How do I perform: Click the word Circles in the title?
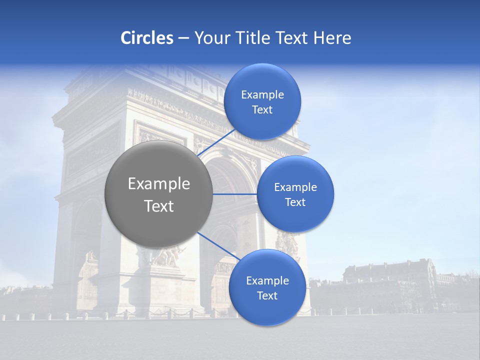[146, 38]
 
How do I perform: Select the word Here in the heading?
[332, 38]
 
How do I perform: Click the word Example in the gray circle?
[159, 184]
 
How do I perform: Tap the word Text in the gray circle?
[159, 206]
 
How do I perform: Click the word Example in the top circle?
[262, 95]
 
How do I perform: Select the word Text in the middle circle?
[295, 202]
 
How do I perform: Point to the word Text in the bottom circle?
[267, 296]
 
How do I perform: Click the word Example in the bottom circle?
[267, 281]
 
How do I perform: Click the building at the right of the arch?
[390, 285]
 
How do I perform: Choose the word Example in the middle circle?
[295, 187]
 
